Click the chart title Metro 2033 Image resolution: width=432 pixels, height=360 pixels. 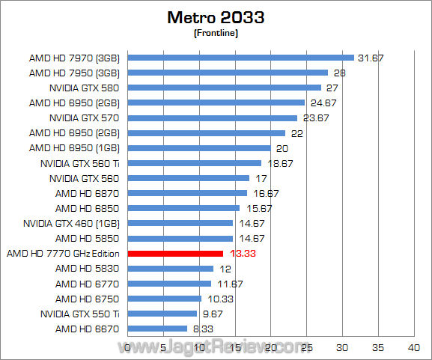(216, 16)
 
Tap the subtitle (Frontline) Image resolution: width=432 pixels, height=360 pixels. (216, 33)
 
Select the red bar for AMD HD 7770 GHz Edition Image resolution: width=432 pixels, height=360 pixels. (175, 254)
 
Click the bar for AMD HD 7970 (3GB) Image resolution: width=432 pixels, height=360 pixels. (240, 58)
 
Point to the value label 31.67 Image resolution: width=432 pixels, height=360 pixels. (370, 58)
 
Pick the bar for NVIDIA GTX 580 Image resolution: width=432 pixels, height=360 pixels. (224, 88)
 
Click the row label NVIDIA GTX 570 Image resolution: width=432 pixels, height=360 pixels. (84, 118)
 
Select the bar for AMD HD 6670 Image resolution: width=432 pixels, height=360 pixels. (157, 329)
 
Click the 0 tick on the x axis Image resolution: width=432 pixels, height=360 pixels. (128, 348)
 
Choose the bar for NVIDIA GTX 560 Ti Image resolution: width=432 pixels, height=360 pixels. (195, 163)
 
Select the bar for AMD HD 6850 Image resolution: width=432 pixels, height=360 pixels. (183, 208)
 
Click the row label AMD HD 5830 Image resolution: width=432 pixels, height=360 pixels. (87, 269)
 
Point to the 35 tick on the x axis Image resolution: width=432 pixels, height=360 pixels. (378, 348)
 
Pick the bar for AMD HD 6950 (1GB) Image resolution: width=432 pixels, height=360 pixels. (199, 148)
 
